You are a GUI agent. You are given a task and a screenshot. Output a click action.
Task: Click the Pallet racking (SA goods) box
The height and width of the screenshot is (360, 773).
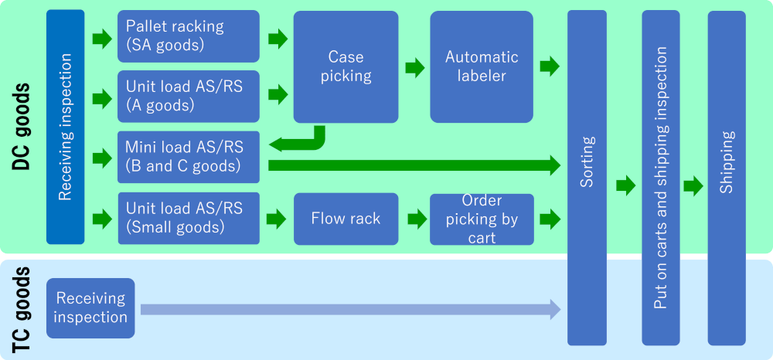coord(189,36)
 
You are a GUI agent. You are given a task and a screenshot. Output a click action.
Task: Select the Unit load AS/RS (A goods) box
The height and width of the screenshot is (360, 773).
coord(189,96)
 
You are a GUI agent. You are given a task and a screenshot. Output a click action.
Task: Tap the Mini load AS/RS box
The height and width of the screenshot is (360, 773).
coord(189,157)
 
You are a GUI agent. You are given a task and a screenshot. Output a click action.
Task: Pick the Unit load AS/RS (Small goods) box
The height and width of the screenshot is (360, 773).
coord(189,218)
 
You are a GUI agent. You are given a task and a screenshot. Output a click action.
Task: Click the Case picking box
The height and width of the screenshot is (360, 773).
coord(344,66)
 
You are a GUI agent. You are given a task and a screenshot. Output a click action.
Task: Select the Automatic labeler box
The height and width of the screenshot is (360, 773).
coord(481,66)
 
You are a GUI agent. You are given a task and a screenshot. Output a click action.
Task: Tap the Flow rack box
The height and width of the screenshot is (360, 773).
coord(345,219)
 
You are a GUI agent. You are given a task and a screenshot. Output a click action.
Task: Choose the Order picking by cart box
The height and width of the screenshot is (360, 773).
coord(481,219)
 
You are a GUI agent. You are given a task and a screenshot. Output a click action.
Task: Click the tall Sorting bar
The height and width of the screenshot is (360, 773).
coord(587,178)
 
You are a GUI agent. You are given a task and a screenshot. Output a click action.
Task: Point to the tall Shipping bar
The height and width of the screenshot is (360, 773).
coord(727,178)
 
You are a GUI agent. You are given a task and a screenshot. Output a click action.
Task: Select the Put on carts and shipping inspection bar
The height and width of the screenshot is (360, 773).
coord(660,178)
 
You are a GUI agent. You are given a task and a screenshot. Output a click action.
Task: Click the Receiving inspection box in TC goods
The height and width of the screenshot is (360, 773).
coord(90,307)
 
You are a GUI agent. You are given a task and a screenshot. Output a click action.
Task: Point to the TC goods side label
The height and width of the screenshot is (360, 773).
coord(22,309)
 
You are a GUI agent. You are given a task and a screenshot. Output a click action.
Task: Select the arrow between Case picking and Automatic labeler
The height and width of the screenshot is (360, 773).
coord(415,67)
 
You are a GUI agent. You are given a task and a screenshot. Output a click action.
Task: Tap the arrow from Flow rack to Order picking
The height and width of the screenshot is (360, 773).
coord(415,219)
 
